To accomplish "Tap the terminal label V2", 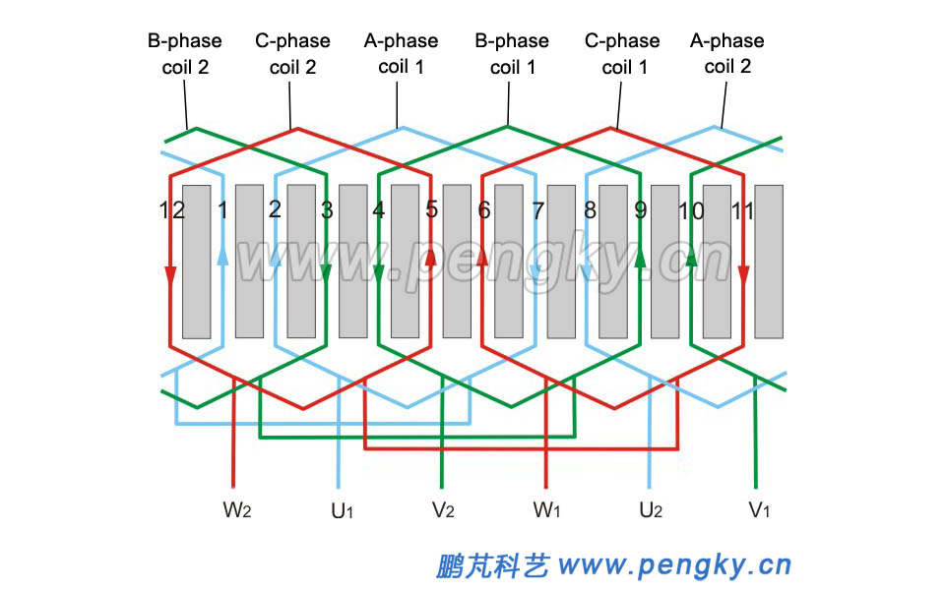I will click(x=443, y=510).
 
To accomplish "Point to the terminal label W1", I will click(x=548, y=510).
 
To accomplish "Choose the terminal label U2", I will click(x=651, y=510).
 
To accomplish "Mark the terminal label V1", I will click(x=759, y=510).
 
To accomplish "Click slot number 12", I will click(x=171, y=209).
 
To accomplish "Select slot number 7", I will click(x=537, y=210).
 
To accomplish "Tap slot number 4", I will click(x=378, y=210).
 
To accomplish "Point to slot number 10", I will click(x=692, y=210).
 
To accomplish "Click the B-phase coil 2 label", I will click(x=185, y=54).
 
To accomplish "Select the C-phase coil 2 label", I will click(x=292, y=54).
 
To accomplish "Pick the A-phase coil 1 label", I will click(x=401, y=54).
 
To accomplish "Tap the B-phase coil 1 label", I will click(x=512, y=54).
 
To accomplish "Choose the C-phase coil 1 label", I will click(x=622, y=54).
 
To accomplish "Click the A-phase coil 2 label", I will click(x=727, y=54).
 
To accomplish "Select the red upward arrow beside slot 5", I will click(x=430, y=257).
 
